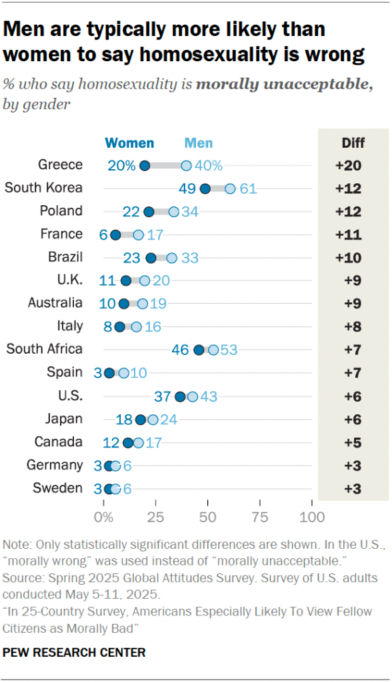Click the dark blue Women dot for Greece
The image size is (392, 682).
145,166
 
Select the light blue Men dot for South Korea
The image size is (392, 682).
230,188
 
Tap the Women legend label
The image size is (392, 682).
130,143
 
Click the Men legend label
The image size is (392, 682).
199,143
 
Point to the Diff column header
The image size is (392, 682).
353,143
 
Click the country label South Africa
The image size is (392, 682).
44,349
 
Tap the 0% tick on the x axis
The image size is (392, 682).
104,517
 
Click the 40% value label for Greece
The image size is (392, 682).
209,166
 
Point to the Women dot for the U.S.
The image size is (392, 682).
180,396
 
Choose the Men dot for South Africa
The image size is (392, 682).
213,350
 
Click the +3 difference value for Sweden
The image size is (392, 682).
353,488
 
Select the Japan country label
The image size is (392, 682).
65,419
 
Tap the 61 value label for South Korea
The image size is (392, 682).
248,188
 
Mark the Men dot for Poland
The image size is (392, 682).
173,212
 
